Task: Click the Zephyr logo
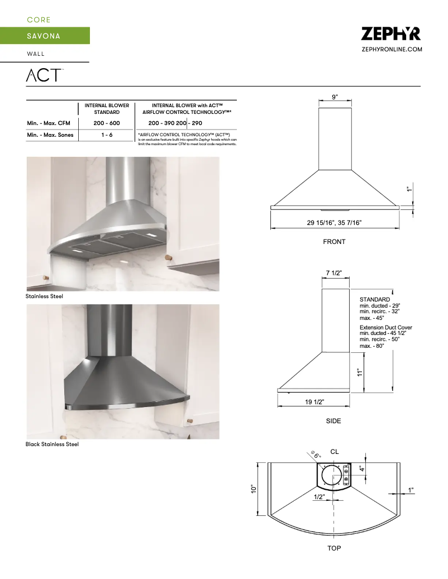coord(391,34)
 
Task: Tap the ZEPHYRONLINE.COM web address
coord(392,50)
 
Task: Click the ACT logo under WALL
coord(45,75)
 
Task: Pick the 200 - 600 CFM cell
coord(107,123)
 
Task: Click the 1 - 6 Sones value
coord(107,135)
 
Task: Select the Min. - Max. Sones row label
coord(50,135)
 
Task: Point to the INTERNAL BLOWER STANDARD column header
coord(107,108)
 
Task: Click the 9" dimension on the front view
coord(335,97)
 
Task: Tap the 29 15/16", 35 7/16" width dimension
coord(335,223)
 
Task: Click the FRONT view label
coord(334,242)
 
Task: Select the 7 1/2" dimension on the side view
coord(334,272)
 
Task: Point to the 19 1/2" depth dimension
coord(315,401)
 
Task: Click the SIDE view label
coord(333,421)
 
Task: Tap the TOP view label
coord(334,548)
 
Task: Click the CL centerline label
coord(335,451)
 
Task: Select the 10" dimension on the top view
coord(254,489)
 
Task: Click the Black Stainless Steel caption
coord(52,444)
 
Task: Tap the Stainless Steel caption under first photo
coord(44,296)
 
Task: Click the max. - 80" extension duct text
coord(375,346)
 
